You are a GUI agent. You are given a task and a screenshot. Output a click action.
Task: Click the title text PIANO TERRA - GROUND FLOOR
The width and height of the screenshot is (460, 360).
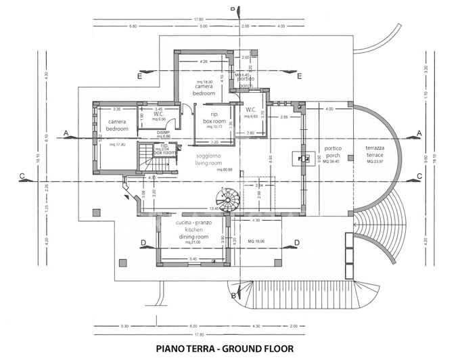tap(225, 349)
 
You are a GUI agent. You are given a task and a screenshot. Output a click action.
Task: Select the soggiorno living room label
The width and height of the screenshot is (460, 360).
tap(209, 160)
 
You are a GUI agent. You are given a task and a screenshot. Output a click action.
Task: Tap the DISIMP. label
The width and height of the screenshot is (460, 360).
tap(164, 133)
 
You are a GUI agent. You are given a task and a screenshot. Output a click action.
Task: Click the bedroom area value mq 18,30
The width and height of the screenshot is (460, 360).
tap(204, 82)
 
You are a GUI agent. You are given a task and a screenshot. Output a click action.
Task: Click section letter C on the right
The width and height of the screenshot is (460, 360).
tap(419, 176)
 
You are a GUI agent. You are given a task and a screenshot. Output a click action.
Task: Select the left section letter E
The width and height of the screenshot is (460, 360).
tap(139, 76)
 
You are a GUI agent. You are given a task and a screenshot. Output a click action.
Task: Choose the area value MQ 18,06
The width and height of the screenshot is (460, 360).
tap(255, 241)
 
